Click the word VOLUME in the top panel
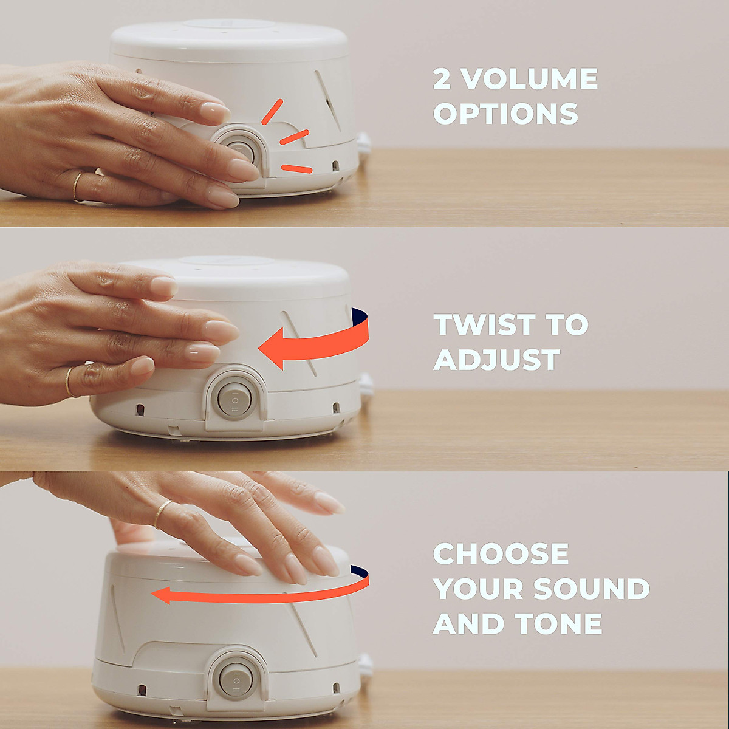[x=531, y=79]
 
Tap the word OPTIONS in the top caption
[x=505, y=114]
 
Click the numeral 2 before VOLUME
[x=442, y=79]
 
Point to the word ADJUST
[x=496, y=360]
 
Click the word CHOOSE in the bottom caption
[x=501, y=554]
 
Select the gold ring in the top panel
[x=77, y=187]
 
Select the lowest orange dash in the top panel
[x=297, y=168]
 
